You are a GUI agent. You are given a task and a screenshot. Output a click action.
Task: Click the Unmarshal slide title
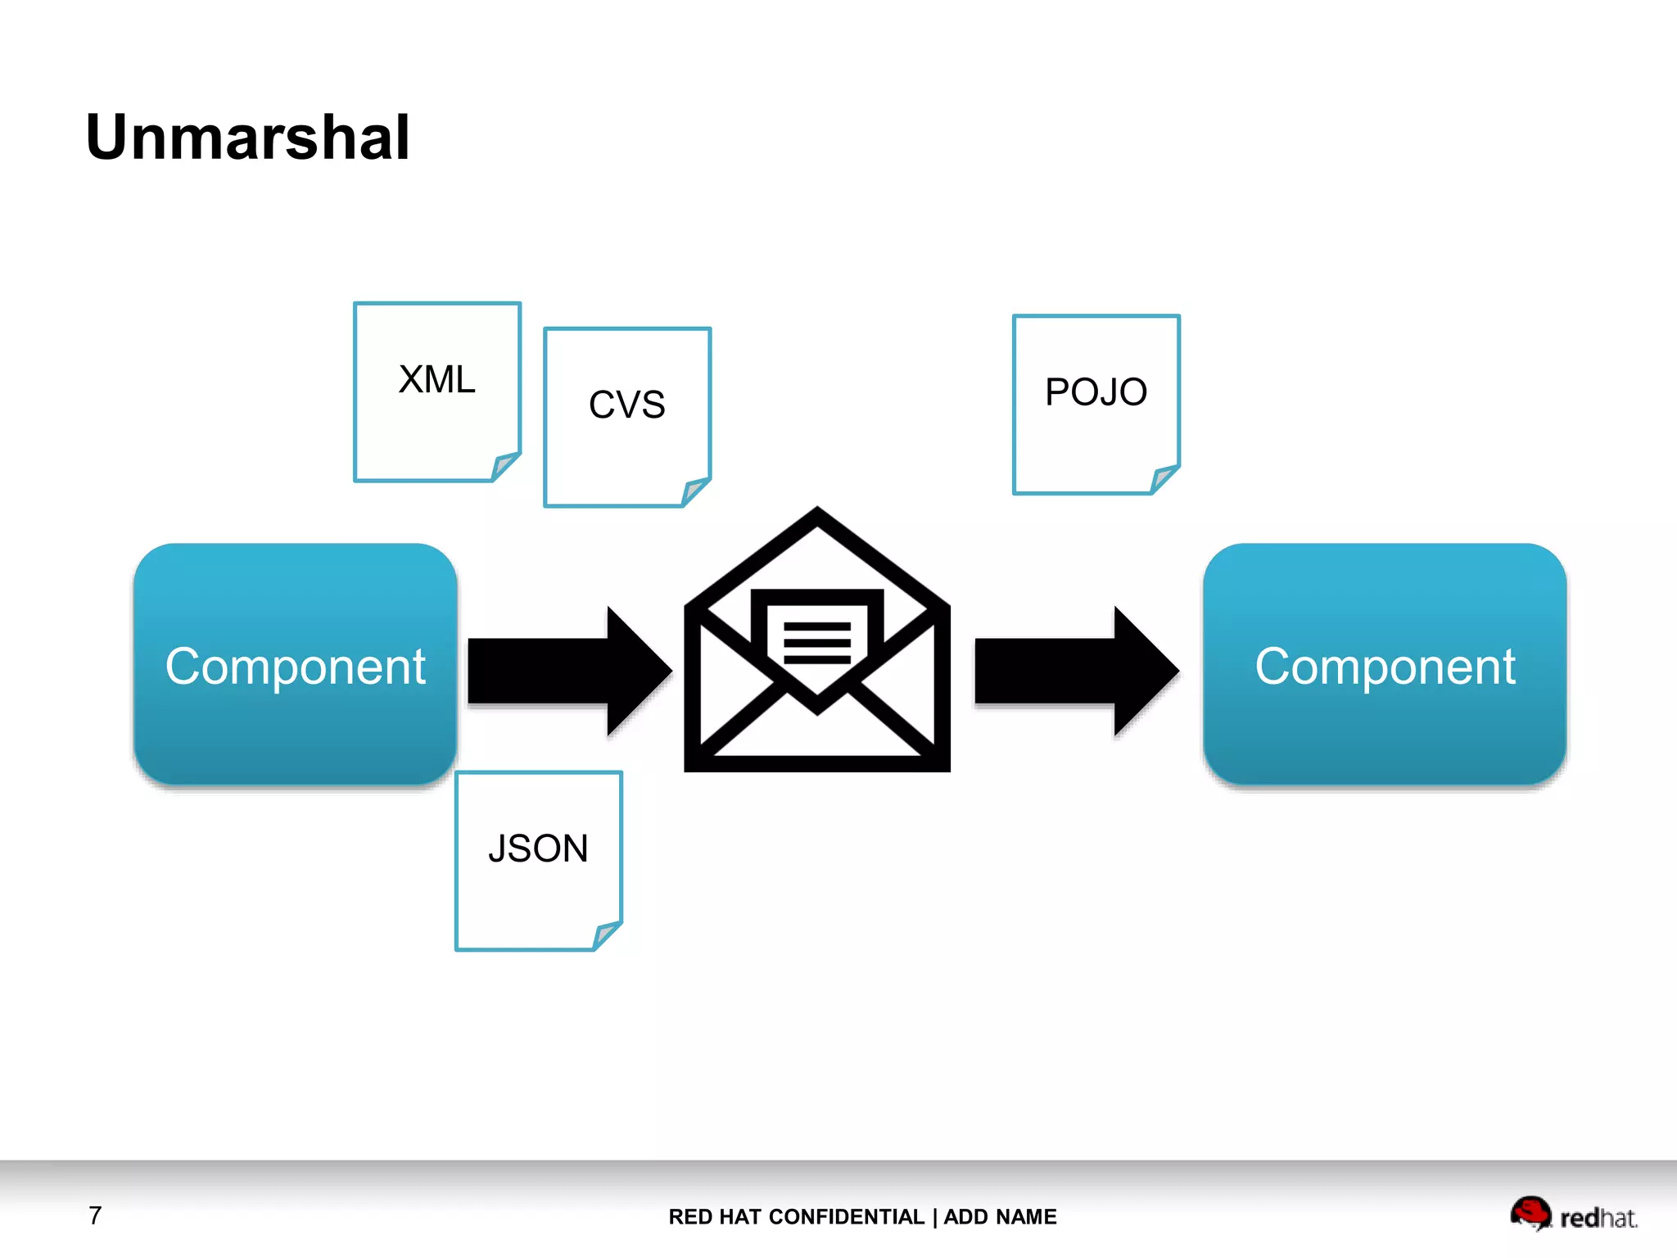[247, 138]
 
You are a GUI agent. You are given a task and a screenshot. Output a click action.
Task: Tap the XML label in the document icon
[436, 379]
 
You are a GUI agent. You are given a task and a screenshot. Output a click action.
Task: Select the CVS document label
[627, 405]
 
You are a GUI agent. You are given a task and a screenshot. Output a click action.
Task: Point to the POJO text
[1096, 392]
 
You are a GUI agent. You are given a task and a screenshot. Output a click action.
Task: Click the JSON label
[538, 848]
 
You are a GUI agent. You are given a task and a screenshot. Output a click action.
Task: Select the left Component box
[295, 665]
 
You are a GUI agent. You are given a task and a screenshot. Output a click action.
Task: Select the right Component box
[1385, 665]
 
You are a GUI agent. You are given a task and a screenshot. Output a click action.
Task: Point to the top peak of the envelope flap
[817, 513]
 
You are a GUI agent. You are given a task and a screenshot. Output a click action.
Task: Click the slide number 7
[95, 1215]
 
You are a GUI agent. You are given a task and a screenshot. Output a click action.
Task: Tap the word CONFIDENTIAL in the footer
[847, 1217]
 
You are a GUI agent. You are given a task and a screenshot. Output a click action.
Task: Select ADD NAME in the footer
[1000, 1217]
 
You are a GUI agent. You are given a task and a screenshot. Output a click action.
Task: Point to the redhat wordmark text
[1598, 1219]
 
